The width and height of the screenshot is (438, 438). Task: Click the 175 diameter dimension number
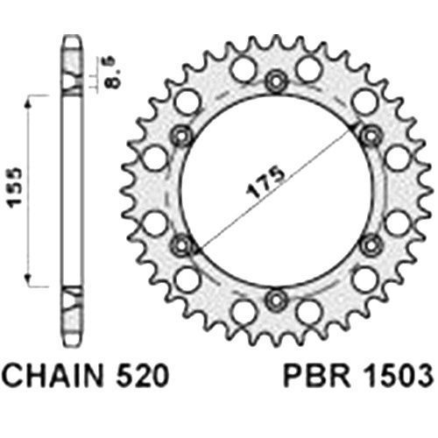click(265, 182)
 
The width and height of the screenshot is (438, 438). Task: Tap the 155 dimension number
click(15, 187)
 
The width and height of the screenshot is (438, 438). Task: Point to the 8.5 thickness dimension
click(113, 72)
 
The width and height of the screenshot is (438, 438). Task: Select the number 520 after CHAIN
click(142, 376)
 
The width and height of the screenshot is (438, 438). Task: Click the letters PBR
click(317, 376)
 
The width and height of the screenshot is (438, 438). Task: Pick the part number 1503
click(399, 376)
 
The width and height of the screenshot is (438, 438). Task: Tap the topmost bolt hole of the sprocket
click(276, 81)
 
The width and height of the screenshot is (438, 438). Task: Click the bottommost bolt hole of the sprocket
click(276, 300)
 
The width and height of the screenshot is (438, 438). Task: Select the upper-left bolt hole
click(181, 136)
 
